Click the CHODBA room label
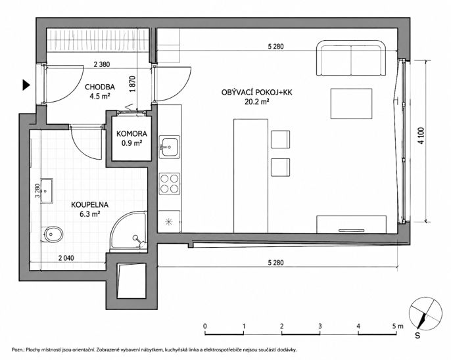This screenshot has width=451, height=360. tap(100, 87)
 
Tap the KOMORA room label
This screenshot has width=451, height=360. tap(131, 133)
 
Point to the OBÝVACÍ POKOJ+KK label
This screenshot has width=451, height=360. tap(257, 92)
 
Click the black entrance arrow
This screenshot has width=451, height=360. tap(26, 85)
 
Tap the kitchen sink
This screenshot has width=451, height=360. tap(170, 146)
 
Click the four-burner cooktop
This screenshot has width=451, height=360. tap(170, 183)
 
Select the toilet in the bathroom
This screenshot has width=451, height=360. tap(52, 234)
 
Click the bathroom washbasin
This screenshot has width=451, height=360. tap(47, 191)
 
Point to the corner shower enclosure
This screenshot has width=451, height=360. tap(129, 230)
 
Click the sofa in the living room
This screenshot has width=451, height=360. tap(351, 58)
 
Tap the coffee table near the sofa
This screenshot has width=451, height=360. tap(351, 104)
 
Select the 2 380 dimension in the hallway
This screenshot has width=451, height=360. tap(102, 64)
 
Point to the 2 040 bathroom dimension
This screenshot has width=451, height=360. tap(66, 258)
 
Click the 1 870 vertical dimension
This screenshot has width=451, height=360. tap(132, 84)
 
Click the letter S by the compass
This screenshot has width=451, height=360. tap(417, 335)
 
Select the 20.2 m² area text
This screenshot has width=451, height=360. tap(257, 101)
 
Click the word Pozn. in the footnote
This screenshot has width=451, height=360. tap(18, 350)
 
